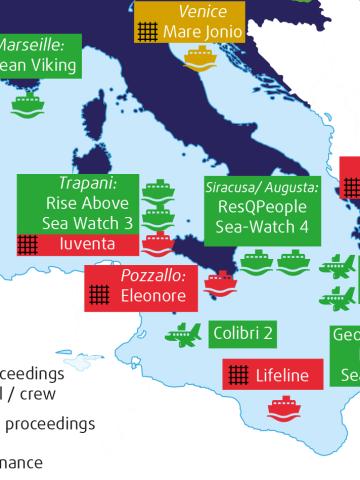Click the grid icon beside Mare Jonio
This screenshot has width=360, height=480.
(x=149, y=31)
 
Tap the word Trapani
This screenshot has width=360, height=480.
(x=88, y=184)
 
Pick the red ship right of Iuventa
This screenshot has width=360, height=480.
(x=157, y=243)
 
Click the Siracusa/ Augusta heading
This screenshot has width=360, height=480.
(x=261, y=188)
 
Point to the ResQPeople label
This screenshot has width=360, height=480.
(x=262, y=207)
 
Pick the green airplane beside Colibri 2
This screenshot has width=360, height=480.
(x=182, y=333)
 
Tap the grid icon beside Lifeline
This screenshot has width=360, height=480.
(x=237, y=375)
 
